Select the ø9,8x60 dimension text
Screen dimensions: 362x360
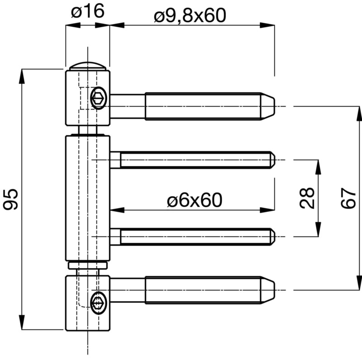(190, 15)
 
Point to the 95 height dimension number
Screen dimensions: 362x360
(10, 199)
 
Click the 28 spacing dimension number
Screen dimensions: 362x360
(307, 198)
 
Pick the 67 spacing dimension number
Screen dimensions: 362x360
(348, 198)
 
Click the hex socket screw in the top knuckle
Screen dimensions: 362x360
(99, 98)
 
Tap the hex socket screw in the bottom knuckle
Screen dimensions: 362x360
(99, 303)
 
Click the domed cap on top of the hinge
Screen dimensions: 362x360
(88, 66)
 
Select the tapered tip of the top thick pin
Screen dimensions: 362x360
(268, 106)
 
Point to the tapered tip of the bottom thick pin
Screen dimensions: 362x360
(268, 290)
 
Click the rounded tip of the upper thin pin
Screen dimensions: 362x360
(273, 160)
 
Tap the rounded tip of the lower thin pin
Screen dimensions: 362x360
(273, 237)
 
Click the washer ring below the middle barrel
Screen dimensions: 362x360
(88, 265)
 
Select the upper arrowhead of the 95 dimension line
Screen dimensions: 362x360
(22, 76)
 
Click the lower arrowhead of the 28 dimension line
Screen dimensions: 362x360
(318, 229)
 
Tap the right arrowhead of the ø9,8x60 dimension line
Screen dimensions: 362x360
(267, 25)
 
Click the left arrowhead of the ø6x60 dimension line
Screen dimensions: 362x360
(117, 210)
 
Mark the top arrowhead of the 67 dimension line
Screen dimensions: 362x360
(359, 114)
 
